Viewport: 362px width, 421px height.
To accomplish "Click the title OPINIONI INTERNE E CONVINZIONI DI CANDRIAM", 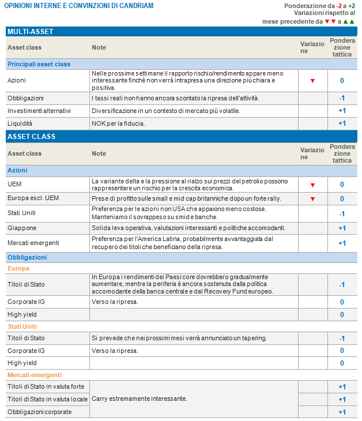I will coord(79,6).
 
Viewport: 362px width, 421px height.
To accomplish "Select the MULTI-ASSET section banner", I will coord(31,31).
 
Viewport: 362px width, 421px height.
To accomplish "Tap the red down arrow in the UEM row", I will coord(312,185).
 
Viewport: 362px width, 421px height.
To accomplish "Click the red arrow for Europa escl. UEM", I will coord(312,199).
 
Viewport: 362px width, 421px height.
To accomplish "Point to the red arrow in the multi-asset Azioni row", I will coord(312,81).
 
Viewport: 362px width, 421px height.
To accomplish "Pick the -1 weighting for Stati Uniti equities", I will coord(342,213).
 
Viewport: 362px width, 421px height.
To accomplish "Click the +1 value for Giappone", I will coord(342,228).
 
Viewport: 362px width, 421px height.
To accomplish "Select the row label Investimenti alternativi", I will coord(39,111).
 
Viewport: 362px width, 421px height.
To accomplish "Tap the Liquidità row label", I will coord(21,123).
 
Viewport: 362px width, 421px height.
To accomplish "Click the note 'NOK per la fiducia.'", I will coord(118,123).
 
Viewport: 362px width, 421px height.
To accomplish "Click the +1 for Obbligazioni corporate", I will coord(342,412).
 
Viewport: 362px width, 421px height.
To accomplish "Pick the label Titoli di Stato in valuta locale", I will coord(47,399).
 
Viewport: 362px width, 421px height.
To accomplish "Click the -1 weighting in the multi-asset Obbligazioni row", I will coord(342,98).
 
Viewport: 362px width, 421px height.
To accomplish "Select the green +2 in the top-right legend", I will coord(351,6).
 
